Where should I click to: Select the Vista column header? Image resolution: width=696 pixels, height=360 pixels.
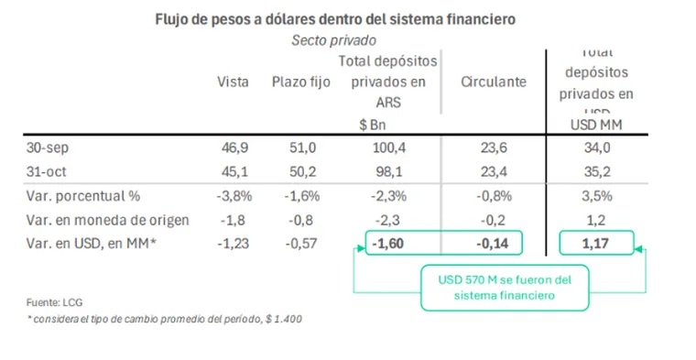(x=233, y=82)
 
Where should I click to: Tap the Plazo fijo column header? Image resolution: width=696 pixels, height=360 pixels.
(x=301, y=82)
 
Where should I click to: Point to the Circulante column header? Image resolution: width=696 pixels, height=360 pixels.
(x=495, y=82)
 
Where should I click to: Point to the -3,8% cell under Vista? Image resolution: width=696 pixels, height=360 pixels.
(x=231, y=196)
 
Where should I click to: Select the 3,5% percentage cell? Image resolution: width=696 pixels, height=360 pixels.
(x=598, y=196)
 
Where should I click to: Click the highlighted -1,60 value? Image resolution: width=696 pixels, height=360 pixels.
(x=387, y=242)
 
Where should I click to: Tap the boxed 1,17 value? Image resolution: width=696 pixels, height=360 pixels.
(x=598, y=242)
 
